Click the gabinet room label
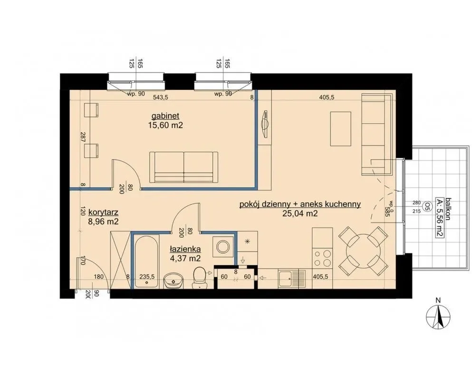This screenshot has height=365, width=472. pos(165,116)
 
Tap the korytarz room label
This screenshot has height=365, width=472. pos(103,212)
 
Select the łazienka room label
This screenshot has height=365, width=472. pos(185,249)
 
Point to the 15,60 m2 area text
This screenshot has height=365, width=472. pos(165,125)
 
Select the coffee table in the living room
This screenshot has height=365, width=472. pos(341,128)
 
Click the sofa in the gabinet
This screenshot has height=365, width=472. pos(183,167)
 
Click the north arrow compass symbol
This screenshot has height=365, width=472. pos(438,317)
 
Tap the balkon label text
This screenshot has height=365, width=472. pos(449,209)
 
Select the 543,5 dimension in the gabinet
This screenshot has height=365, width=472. pos(161,97)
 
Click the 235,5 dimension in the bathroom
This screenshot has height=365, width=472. pos(147,277)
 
